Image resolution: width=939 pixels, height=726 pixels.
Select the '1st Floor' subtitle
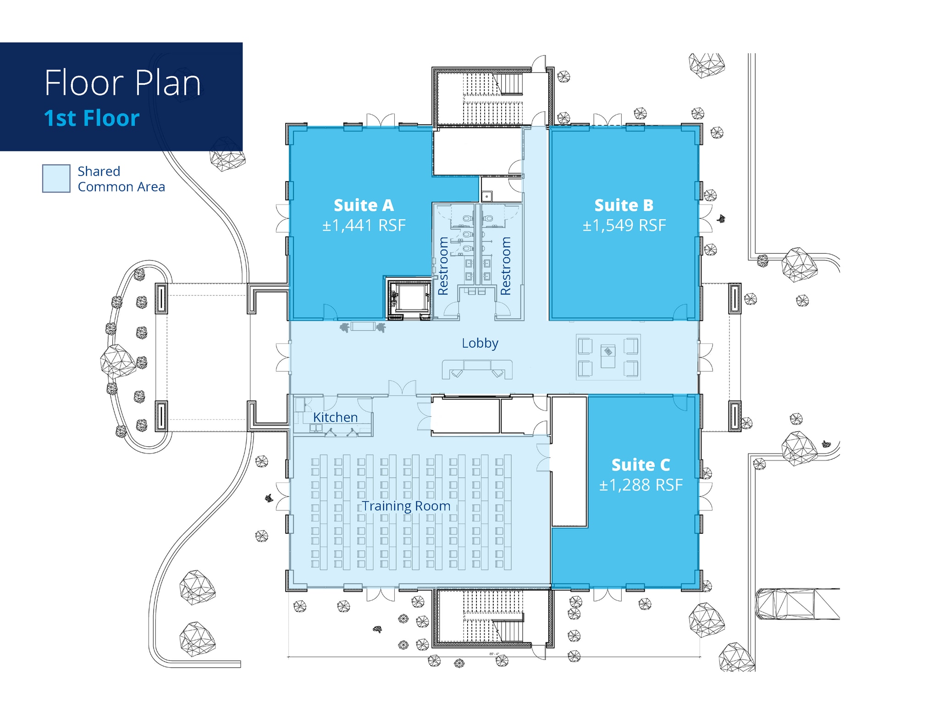tap(92, 118)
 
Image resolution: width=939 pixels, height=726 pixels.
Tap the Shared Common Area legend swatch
tap(56, 178)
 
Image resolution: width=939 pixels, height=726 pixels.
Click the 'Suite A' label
tap(364, 205)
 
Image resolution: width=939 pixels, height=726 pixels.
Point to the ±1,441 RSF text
tap(364, 226)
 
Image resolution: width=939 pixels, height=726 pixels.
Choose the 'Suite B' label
tap(624, 205)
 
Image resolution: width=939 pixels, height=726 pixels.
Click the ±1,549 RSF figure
tap(624, 226)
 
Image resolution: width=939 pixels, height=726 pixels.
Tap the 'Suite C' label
tap(641, 465)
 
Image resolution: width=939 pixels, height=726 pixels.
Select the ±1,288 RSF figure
tap(641, 485)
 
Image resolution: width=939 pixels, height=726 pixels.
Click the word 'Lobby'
tap(480, 343)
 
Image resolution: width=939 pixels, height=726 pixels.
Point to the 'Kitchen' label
tap(335, 417)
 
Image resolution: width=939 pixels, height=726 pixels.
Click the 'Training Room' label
tap(406, 506)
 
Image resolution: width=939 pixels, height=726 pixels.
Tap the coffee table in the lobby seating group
tap(608, 356)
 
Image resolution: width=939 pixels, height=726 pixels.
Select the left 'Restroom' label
tap(443, 266)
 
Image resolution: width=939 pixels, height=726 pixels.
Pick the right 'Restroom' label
tap(505, 266)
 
